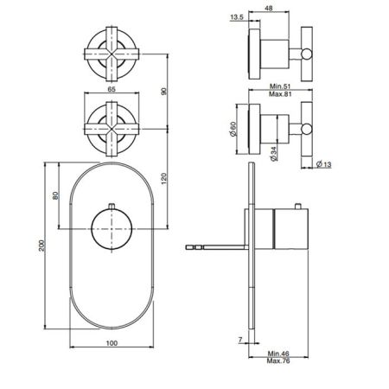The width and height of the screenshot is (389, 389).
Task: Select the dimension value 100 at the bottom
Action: (x=111, y=343)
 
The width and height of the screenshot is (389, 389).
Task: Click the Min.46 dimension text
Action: (x=277, y=354)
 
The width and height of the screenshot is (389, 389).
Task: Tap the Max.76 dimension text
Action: (x=277, y=364)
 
